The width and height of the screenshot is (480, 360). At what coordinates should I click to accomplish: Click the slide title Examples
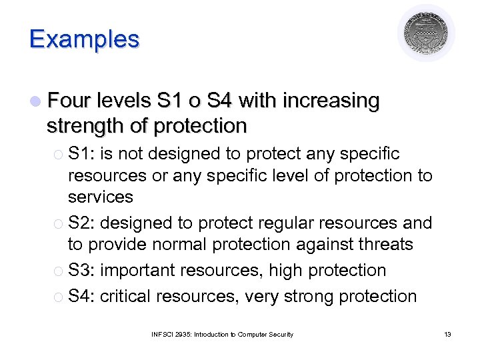pos(84,39)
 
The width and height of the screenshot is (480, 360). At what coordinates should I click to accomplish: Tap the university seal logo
pos(426,33)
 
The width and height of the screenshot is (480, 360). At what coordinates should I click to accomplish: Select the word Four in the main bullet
pos(70,101)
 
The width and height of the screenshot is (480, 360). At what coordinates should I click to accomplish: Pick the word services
pos(101,197)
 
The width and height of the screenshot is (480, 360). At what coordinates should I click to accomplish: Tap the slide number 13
pos(447,334)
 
